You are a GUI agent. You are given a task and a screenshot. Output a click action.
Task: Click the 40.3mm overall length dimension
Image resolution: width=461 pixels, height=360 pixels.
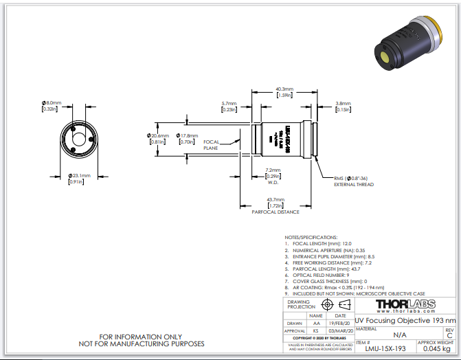(284, 89)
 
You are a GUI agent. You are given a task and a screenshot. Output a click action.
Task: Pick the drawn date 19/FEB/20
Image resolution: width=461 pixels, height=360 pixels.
(340, 323)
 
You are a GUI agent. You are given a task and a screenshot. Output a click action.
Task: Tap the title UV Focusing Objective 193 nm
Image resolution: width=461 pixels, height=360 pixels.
(405, 320)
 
